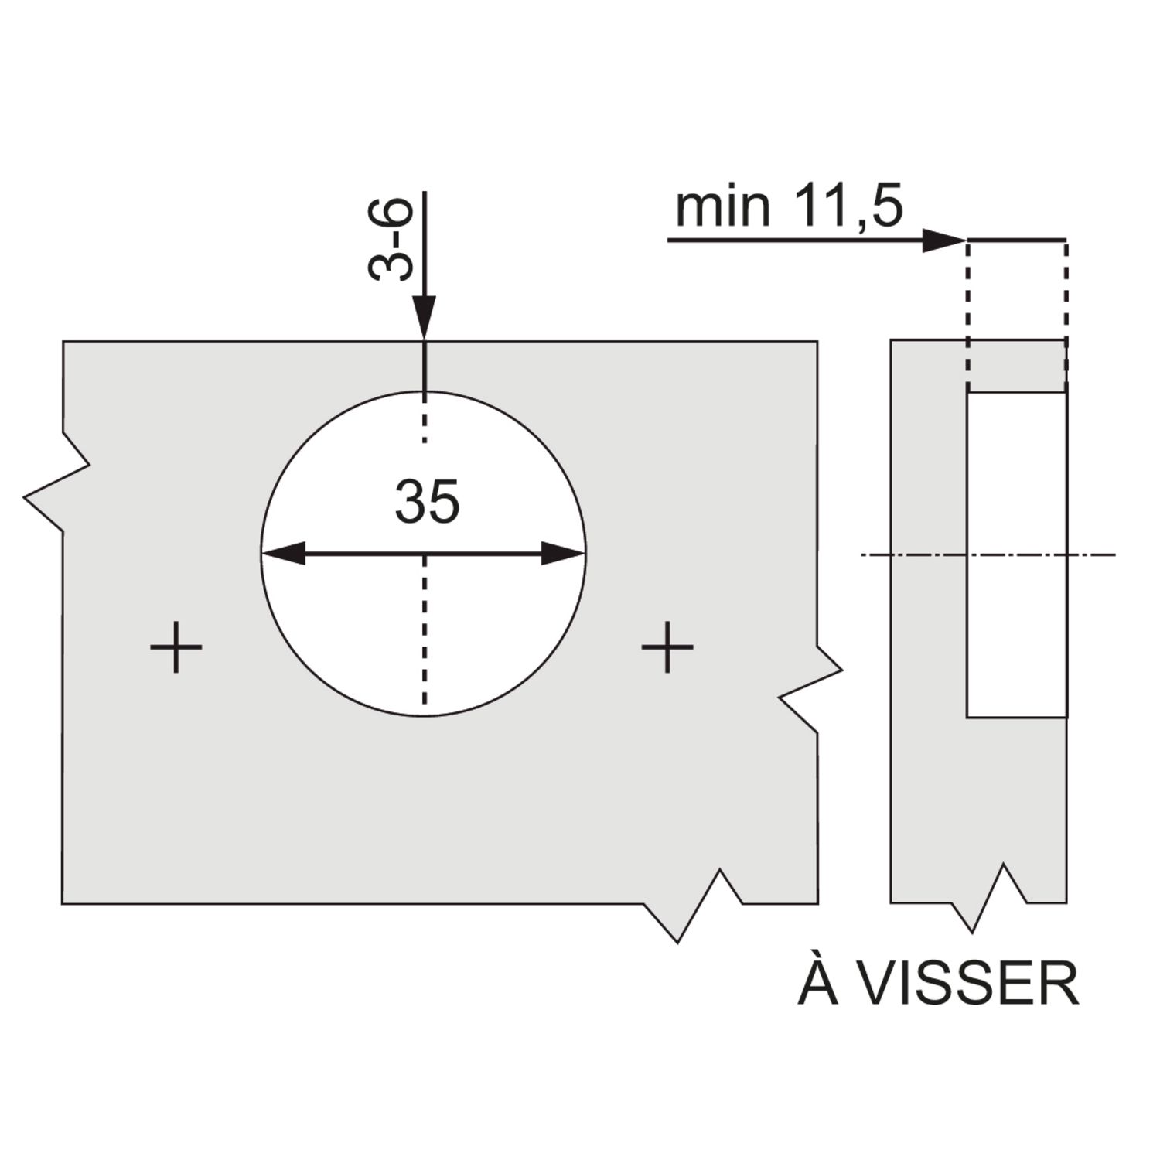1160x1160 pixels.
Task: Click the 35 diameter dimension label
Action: click(x=427, y=502)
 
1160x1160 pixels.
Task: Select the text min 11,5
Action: click(x=789, y=207)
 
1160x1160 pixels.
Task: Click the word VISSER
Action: click(x=970, y=984)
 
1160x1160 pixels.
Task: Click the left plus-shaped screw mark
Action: click(x=176, y=647)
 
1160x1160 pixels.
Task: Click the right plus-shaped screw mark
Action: click(x=667, y=647)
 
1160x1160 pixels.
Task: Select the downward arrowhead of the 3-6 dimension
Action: click(x=424, y=317)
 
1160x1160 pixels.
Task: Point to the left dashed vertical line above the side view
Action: click(x=967, y=309)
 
